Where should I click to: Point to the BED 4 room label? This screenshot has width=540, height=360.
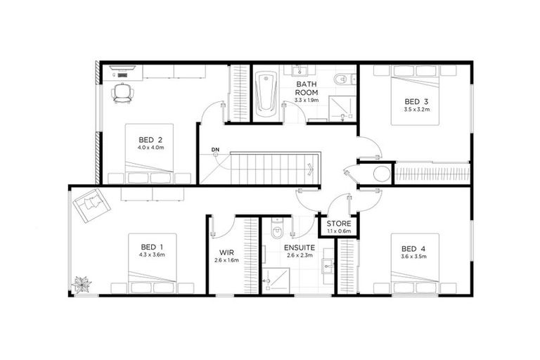click(413, 248)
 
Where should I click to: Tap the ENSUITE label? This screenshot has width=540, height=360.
click(299, 248)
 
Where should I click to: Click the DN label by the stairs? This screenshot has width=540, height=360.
click(216, 149)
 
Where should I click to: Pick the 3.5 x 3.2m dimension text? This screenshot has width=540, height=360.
click(416, 110)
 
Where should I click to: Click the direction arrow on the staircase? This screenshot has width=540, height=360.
click(310, 168)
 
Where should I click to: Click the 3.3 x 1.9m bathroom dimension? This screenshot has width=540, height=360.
click(307, 101)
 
